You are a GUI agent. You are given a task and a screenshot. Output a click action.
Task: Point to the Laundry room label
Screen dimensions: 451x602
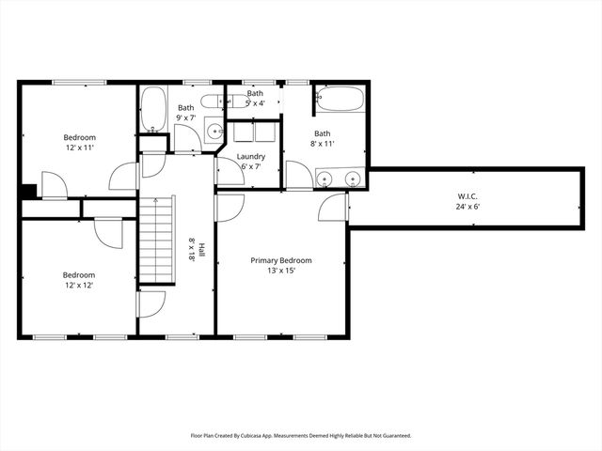[x=250, y=156]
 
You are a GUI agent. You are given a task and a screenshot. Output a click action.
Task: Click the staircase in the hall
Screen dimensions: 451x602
[x=157, y=240]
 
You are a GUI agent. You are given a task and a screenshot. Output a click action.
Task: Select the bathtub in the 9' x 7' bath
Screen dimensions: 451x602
[x=153, y=110]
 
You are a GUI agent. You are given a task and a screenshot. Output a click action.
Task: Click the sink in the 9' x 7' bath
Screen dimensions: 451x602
[x=214, y=132]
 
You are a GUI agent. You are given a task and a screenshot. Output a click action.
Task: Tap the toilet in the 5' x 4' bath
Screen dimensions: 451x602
[x=212, y=100]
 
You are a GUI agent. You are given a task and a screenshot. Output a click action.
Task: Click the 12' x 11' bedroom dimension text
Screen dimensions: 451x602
[x=80, y=148]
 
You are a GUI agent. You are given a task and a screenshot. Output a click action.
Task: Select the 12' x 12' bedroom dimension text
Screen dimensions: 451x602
[x=79, y=285]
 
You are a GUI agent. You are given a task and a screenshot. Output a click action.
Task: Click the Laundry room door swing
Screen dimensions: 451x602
[x=229, y=171]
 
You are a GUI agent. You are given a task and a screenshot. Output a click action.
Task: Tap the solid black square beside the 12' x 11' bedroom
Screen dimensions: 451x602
[x=28, y=191]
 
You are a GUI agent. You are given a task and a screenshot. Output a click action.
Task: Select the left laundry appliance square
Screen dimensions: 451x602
[x=243, y=132]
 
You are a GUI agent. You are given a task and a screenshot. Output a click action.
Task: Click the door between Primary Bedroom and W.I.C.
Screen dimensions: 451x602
[x=334, y=209]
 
